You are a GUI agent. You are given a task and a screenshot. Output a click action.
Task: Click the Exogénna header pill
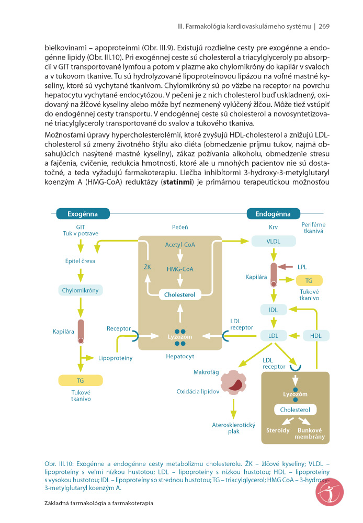click(x=83, y=214)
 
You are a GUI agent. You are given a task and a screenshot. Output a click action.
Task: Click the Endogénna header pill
click(x=273, y=214)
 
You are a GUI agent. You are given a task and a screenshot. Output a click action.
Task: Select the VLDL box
click(x=274, y=241)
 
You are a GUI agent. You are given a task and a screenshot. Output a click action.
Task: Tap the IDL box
click(x=274, y=310)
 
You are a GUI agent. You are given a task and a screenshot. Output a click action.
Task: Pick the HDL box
click(x=316, y=336)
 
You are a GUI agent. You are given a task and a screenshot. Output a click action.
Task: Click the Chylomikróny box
click(x=81, y=290)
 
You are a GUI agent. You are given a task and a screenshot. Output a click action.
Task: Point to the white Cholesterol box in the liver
click(x=180, y=294)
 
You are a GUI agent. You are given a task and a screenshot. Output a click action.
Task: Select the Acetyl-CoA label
click(x=180, y=244)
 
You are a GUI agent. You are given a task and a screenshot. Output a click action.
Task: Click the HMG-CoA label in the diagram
click(x=180, y=269)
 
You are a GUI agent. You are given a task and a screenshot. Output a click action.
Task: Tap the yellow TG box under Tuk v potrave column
click(x=81, y=381)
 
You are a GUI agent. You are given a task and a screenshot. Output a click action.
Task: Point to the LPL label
click(x=302, y=267)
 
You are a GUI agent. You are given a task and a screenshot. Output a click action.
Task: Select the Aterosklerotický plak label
click(x=234, y=428)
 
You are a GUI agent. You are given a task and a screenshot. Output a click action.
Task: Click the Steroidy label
click(x=278, y=430)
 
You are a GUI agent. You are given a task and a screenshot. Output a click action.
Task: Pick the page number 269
click(x=324, y=26)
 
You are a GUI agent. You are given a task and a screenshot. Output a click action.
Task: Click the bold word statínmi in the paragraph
click(x=177, y=182)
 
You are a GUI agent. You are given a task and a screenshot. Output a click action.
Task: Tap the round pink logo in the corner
click(x=330, y=492)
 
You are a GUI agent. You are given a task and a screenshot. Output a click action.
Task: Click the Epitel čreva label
click(x=81, y=261)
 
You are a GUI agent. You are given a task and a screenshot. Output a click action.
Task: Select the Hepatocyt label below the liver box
click(x=180, y=356)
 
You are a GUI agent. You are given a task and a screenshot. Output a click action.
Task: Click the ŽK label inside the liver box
click(x=148, y=267)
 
